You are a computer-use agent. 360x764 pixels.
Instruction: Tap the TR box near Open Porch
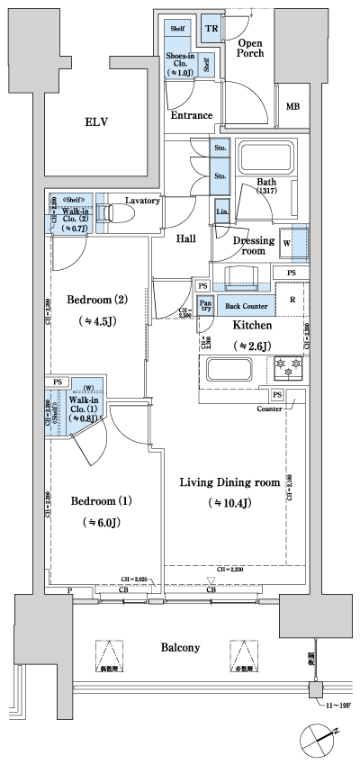coord(211,29)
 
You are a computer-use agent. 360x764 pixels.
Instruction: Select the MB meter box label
coord(292,107)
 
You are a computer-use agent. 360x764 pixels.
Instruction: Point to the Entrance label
coord(191,115)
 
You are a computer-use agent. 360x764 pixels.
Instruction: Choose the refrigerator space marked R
coord(292,299)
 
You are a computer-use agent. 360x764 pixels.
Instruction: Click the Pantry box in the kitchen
coord(205,306)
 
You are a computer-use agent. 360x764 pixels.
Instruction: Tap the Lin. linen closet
coord(221,211)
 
